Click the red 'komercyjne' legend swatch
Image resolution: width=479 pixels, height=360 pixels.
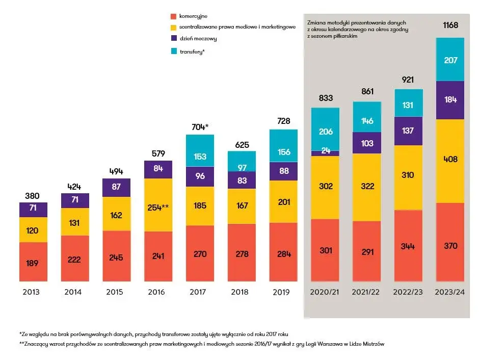coord(174,16)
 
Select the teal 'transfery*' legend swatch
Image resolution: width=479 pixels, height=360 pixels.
coord(174,51)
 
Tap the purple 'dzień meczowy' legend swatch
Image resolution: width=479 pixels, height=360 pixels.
coord(174,39)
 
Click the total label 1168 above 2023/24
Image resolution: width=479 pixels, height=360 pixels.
coord(450,25)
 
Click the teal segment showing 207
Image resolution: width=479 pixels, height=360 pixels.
coord(450,60)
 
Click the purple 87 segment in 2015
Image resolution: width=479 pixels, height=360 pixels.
coord(116,187)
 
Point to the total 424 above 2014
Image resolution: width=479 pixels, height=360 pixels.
coord(75,187)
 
